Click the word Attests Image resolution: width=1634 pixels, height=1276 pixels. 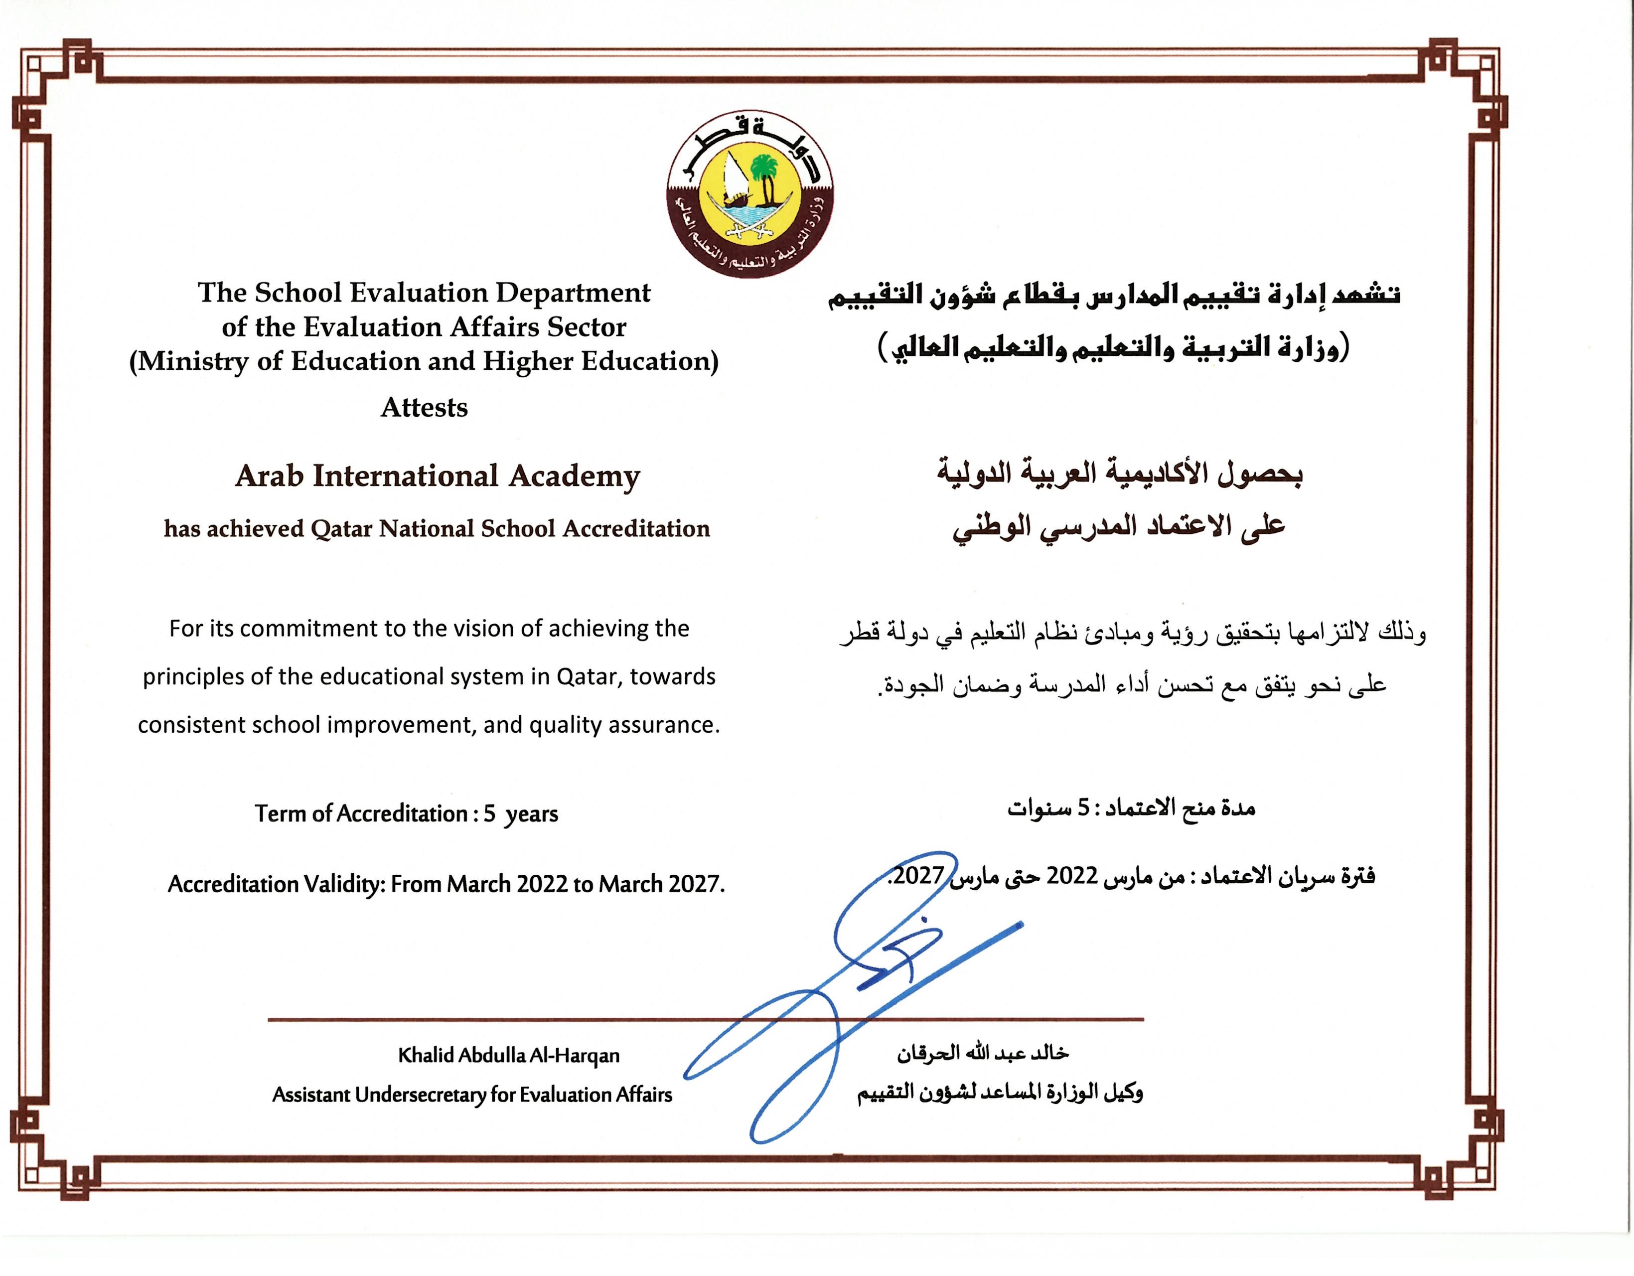coord(424,408)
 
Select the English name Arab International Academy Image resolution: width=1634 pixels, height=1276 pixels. coord(438,476)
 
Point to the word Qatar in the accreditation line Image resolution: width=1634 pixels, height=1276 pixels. coord(341,529)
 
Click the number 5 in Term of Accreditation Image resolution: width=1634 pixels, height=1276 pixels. coord(489,813)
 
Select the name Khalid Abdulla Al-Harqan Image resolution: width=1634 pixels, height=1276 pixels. coord(509,1055)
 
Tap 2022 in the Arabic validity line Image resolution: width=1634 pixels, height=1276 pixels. coord(1071,876)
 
